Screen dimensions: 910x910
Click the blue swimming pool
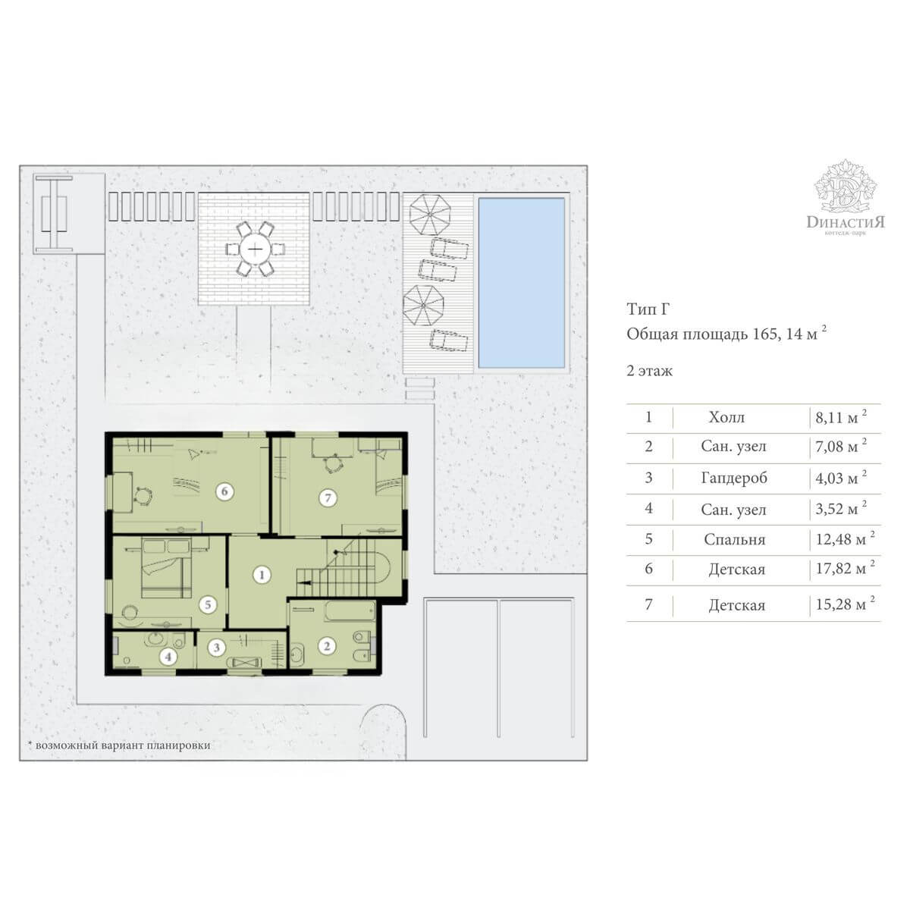(x=521, y=283)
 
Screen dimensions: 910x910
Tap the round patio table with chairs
(x=255, y=249)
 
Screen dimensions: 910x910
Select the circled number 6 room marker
(x=224, y=491)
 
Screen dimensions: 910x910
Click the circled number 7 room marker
(x=328, y=497)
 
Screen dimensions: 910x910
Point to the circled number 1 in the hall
(x=262, y=575)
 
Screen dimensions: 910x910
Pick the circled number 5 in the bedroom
(x=208, y=604)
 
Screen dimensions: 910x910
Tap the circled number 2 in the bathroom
(x=327, y=646)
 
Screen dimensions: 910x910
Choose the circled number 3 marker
(x=217, y=647)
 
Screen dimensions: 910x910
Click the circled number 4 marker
(x=168, y=657)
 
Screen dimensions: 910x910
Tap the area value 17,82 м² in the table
(x=845, y=569)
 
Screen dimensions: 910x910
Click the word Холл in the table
(x=726, y=417)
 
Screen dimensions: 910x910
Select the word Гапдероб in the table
(x=734, y=478)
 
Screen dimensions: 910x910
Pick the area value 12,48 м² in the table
(x=845, y=539)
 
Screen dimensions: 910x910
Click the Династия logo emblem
(x=846, y=187)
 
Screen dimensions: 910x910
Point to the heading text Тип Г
(x=648, y=309)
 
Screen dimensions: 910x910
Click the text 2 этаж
(x=649, y=371)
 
